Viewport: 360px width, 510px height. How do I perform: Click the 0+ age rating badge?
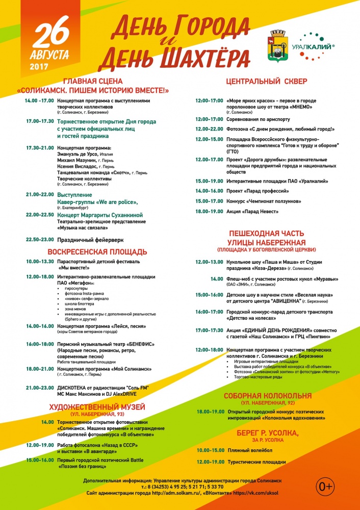[326, 487]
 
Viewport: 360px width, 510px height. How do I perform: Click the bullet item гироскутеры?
[75, 288]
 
